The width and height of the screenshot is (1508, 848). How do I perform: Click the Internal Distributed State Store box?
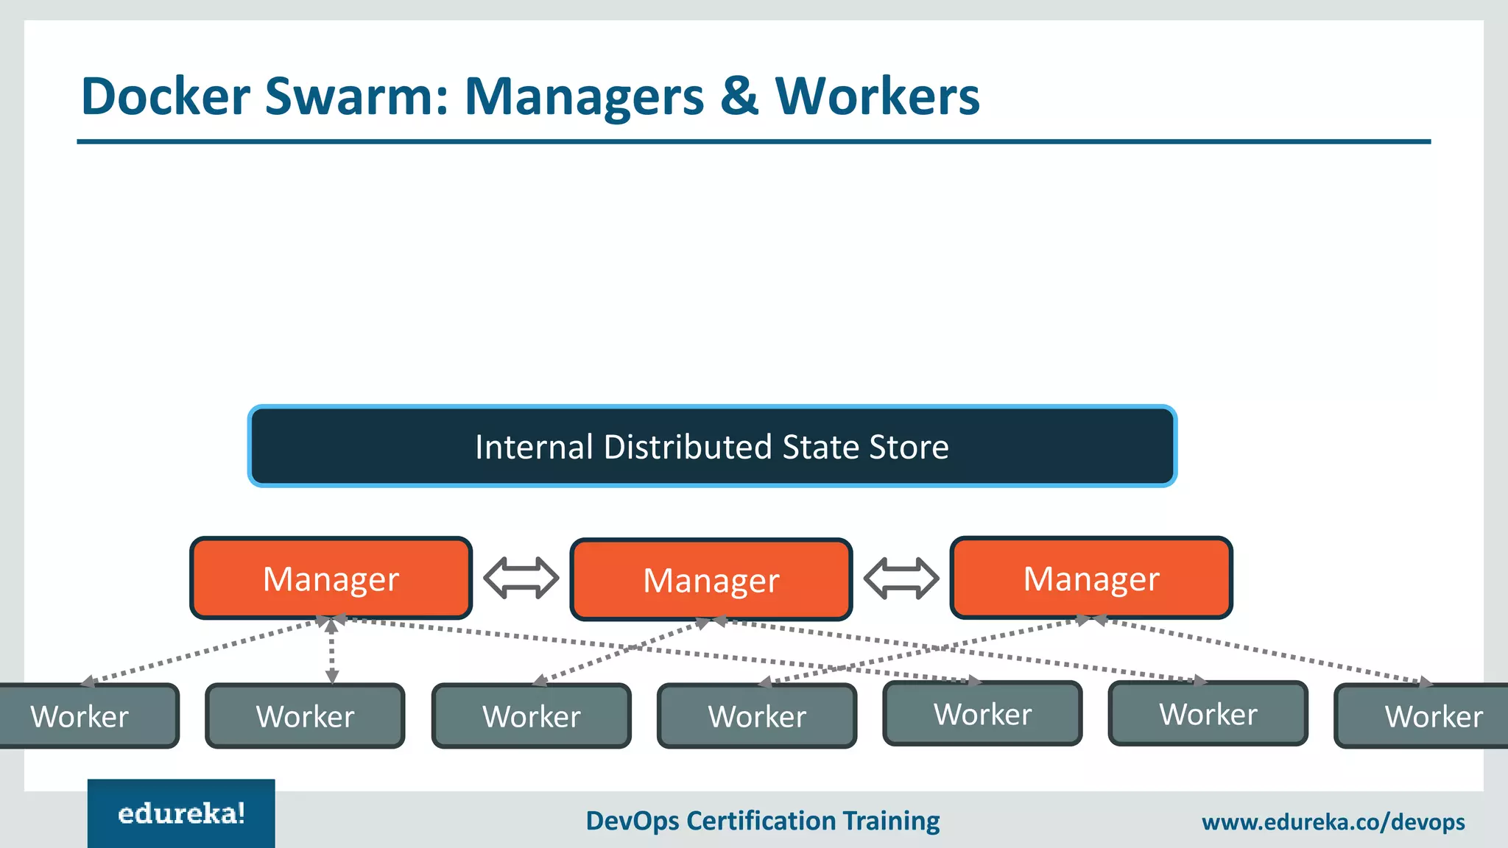pyautogui.click(x=712, y=446)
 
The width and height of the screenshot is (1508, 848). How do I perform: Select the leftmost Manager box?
pyautogui.click(x=331, y=579)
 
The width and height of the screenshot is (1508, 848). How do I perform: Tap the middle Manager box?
pyautogui.click(x=711, y=580)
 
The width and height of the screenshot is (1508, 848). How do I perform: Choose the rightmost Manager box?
pyautogui.click(x=1091, y=579)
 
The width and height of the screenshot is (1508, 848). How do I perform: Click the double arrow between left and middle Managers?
pyautogui.click(x=521, y=578)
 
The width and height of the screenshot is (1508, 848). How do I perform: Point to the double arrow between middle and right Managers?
pyautogui.click(x=901, y=578)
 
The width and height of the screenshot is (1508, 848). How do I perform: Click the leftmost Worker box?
pyautogui.click(x=81, y=716)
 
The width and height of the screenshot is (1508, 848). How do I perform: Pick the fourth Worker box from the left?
pyautogui.click(x=757, y=716)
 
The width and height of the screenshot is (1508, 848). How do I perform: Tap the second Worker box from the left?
pyautogui.click(x=305, y=716)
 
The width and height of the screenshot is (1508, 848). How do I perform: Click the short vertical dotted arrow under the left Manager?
pyautogui.click(x=331, y=652)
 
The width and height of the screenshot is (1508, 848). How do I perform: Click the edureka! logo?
pyautogui.click(x=181, y=813)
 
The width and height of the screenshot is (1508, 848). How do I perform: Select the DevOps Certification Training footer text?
pyautogui.click(x=762, y=821)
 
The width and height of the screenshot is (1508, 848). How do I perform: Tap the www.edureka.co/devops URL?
pyautogui.click(x=1333, y=821)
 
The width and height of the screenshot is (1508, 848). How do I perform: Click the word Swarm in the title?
pyautogui.click(x=356, y=96)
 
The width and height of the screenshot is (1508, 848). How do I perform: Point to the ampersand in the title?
pyautogui.click(x=739, y=96)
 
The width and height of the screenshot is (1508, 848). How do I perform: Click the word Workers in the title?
pyautogui.click(x=877, y=96)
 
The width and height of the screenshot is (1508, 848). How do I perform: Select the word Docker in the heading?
pyautogui.click(x=166, y=96)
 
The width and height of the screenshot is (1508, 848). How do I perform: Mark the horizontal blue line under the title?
pyautogui.click(x=753, y=141)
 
